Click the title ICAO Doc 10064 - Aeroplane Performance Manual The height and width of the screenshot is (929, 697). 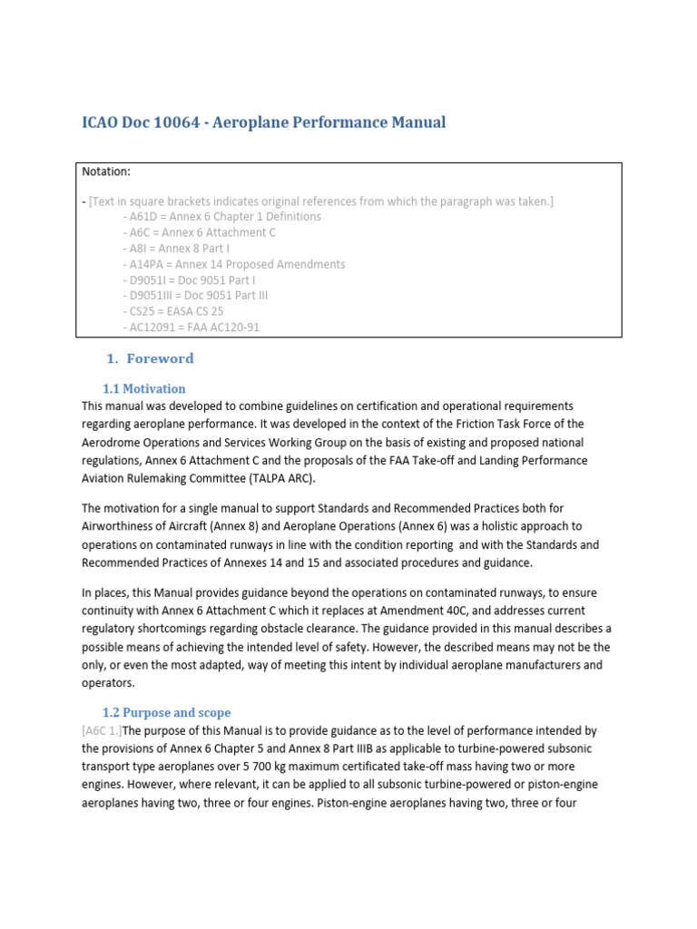(x=263, y=122)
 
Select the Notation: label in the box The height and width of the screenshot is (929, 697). (x=107, y=171)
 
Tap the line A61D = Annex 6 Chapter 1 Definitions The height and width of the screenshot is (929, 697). (x=221, y=217)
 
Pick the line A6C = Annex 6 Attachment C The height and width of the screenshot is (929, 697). (x=198, y=232)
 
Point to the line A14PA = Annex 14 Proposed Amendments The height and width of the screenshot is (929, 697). (x=232, y=264)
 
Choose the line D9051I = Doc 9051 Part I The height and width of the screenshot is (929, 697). (x=188, y=280)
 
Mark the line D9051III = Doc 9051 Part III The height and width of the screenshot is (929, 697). (x=193, y=296)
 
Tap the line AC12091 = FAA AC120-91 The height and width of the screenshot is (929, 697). (x=190, y=328)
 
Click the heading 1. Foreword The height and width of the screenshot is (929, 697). (x=151, y=358)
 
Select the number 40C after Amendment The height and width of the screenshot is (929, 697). (x=503, y=611)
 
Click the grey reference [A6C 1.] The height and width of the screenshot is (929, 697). (x=102, y=730)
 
